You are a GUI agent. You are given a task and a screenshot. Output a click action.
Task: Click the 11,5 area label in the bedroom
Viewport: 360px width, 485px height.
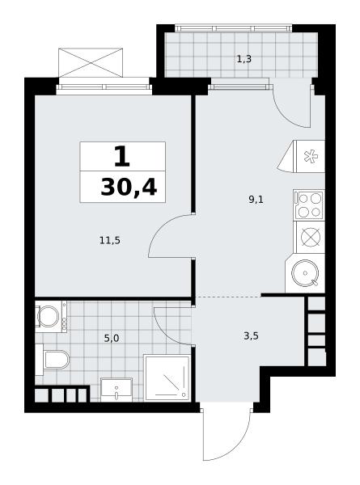click(x=109, y=240)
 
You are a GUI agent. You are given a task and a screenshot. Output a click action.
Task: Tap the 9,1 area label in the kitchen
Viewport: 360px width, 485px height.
click(x=256, y=200)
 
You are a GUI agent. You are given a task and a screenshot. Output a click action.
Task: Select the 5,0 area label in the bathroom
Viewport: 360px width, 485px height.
click(x=112, y=339)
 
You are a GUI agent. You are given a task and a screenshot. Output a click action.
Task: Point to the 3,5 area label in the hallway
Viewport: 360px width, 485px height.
click(x=251, y=336)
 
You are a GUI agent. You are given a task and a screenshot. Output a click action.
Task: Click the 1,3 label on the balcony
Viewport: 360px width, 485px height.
click(x=244, y=59)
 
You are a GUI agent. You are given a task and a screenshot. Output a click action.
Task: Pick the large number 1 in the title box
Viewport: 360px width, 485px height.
click(x=122, y=157)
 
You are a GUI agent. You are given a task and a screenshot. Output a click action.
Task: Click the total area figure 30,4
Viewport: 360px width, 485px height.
click(x=129, y=188)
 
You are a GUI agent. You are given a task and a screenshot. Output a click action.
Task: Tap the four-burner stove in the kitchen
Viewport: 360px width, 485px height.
click(x=309, y=205)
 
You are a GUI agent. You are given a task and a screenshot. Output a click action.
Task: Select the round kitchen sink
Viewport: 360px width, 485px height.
click(x=305, y=273)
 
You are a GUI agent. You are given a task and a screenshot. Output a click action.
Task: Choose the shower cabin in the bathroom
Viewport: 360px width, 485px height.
click(x=167, y=378)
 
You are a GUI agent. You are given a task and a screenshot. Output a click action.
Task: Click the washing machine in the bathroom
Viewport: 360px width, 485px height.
click(x=50, y=316)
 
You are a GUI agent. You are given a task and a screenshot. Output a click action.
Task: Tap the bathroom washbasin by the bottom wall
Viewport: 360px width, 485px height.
click(x=116, y=390)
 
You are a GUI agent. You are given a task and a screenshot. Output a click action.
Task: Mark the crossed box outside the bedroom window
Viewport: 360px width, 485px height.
click(x=91, y=63)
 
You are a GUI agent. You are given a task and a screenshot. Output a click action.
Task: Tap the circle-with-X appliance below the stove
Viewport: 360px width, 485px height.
click(x=310, y=238)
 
